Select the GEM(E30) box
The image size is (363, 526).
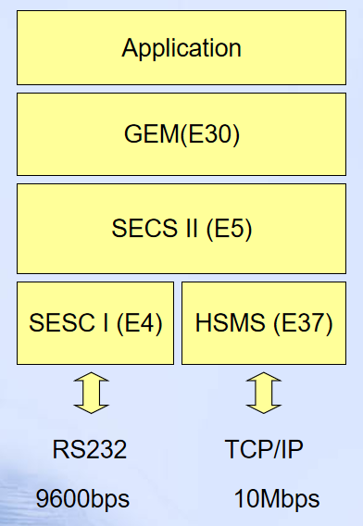(x=181, y=134)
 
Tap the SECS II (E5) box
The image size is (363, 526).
(x=181, y=229)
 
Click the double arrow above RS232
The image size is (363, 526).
(x=91, y=393)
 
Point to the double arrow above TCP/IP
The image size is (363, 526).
(x=264, y=393)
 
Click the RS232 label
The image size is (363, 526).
(x=90, y=451)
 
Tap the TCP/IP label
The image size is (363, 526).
(x=264, y=451)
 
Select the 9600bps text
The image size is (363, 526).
(x=82, y=499)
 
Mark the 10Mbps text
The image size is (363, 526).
(x=277, y=499)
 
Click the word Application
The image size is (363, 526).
(x=181, y=48)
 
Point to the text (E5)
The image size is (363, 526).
(x=230, y=229)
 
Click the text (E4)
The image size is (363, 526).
(x=140, y=323)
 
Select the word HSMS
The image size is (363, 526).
(x=229, y=323)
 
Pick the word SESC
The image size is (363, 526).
(x=58, y=323)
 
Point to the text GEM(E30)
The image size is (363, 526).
(x=181, y=134)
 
